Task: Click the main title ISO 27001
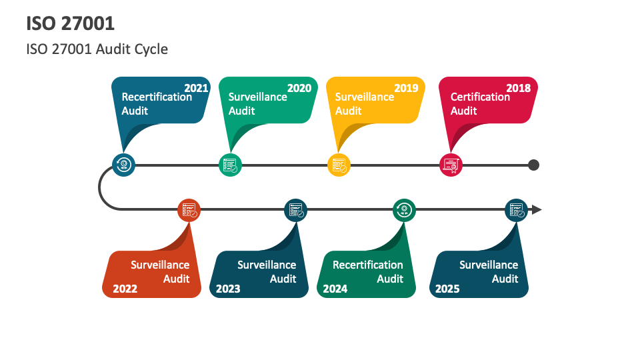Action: (x=71, y=23)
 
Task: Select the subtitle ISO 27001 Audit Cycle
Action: (x=97, y=49)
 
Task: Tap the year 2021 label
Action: (x=196, y=88)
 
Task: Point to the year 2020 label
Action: (x=299, y=88)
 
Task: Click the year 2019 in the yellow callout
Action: (x=406, y=88)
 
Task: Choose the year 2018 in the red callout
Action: (x=518, y=88)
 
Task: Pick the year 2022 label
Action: (x=125, y=289)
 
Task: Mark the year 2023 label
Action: (x=228, y=289)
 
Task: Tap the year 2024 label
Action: (x=335, y=289)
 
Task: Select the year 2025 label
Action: (x=447, y=289)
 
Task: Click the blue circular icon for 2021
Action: (x=123, y=165)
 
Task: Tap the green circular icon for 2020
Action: (x=230, y=165)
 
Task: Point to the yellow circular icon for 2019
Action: (x=339, y=165)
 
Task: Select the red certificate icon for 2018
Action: (x=451, y=165)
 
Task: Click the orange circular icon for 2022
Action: (x=189, y=210)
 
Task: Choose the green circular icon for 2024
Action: (x=404, y=210)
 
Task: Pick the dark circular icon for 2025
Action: (x=516, y=210)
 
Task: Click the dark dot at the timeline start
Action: (x=533, y=165)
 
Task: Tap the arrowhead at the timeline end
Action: (x=537, y=210)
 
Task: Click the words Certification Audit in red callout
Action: (x=480, y=103)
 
